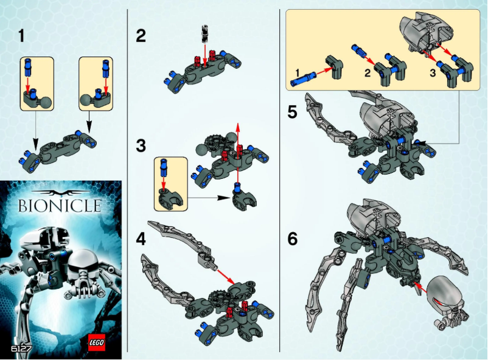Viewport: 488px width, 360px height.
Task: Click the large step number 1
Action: coord(22,36)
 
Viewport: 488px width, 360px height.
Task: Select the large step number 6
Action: coord(293,239)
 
